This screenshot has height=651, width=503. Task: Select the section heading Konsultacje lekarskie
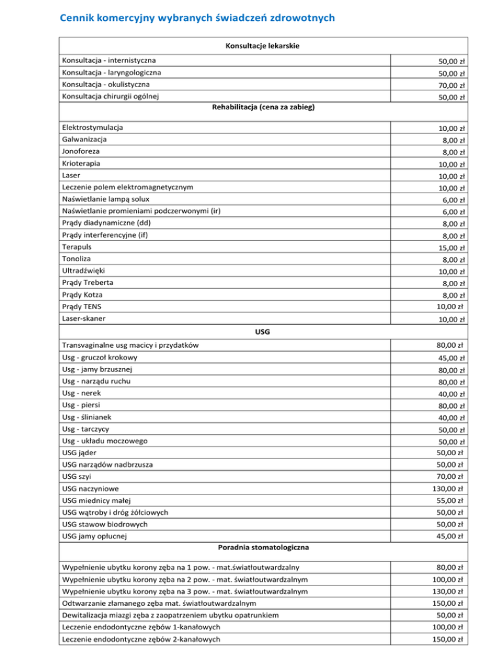[263, 46]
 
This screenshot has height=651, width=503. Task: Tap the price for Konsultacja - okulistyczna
[452, 86]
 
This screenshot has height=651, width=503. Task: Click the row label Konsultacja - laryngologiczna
[111, 73]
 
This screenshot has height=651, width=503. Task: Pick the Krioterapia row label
[81, 163]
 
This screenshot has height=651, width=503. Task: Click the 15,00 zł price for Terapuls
[452, 248]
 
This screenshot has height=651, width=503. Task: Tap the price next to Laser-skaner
[452, 320]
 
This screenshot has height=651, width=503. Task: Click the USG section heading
[263, 332]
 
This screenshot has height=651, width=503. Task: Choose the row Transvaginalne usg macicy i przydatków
[130, 345]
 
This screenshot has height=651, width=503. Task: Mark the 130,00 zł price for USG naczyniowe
[450, 489]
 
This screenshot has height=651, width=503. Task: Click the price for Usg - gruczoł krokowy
[452, 358]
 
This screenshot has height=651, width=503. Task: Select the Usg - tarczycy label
[86, 429]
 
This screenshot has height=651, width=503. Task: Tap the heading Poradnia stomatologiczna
[263, 546]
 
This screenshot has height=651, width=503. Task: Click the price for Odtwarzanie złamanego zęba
[450, 603]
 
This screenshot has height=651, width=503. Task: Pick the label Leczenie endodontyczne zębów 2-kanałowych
[141, 639]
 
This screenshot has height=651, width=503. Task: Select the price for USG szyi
[452, 477]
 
